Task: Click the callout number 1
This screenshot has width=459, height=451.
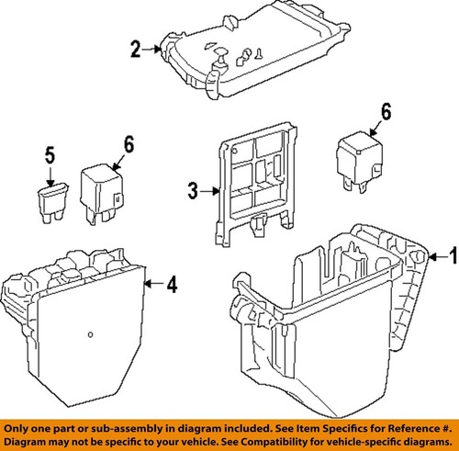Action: pyautogui.click(x=453, y=255)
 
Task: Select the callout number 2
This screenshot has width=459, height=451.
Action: pyautogui.click(x=136, y=49)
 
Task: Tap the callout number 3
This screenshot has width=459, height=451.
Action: pyautogui.click(x=193, y=191)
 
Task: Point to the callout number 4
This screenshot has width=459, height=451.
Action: pyautogui.click(x=172, y=285)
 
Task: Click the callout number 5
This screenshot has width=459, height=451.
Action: pyautogui.click(x=50, y=155)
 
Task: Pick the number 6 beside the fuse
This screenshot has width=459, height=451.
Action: pyautogui.click(x=129, y=144)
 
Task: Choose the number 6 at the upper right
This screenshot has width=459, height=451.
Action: pyautogui.click(x=386, y=111)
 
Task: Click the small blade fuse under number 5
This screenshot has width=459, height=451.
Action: pyautogui.click(x=52, y=203)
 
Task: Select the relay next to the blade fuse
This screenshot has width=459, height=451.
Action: pyautogui.click(x=102, y=194)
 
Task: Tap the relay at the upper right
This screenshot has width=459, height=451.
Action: pyautogui.click(x=360, y=162)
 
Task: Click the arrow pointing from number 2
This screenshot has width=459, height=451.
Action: pyautogui.click(x=151, y=49)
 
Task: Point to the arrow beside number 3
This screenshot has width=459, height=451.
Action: pyautogui.click(x=210, y=191)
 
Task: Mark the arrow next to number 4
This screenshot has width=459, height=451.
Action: pyautogui.click(x=154, y=284)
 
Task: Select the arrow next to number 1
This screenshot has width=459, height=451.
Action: pyautogui.click(x=438, y=256)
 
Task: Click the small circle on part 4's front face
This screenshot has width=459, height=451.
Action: pyautogui.click(x=90, y=334)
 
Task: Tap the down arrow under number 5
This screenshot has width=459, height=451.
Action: pyautogui.click(x=50, y=175)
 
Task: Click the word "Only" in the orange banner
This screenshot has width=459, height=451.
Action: pyautogui.click(x=14, y=428)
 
